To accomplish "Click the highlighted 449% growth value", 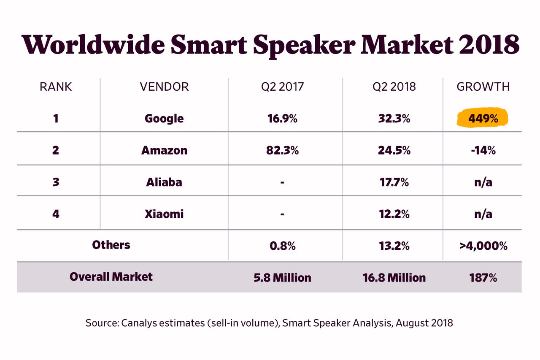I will [x=483, y=119].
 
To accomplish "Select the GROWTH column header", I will [x=483, y=87].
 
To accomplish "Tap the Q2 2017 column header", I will [x=282, y=87].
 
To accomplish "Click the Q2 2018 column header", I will [x=394, y=87].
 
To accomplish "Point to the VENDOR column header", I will [x=164, y=87].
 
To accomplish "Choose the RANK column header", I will [x=56, y=87].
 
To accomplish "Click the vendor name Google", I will [x=164, y=119].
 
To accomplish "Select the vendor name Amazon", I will [x=164, y=150].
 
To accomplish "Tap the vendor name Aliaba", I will [x=164, y=182].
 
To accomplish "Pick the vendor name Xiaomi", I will [x=164, y=214].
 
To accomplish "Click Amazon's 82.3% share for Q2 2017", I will [x=282, y=150].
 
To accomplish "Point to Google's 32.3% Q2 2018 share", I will [x=394, y=119].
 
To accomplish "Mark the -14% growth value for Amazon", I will [x=483, y=150].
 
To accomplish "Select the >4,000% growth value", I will [x=483, y=246].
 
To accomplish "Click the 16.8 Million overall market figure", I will [x=394, y=278].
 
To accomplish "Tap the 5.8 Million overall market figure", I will [x=282, y=278].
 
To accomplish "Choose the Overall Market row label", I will [x=111, y=277].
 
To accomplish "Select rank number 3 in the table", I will [x=56, y=182].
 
